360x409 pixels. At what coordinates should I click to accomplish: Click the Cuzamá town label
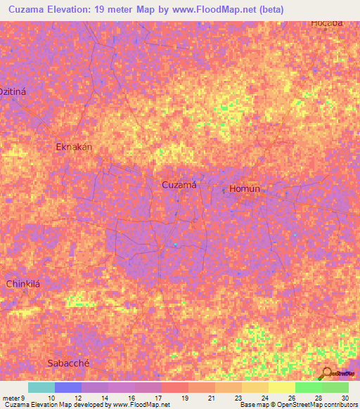tap(179, 185)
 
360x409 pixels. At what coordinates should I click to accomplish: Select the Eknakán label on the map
tap(75, 147)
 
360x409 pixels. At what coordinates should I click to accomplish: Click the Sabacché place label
tap(69, 363)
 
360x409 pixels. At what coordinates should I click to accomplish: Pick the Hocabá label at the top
tap(327, 22)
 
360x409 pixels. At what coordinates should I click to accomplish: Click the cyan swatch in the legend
tap(41, 387)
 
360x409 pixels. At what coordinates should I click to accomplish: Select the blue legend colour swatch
tap(67, 387)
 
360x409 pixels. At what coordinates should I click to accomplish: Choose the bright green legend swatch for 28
tap(308, 387)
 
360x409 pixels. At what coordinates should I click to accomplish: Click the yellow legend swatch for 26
tap(281, 387)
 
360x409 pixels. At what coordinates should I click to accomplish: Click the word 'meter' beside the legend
tap(9, 398)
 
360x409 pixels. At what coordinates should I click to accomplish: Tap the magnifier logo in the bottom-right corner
tap(328, 373)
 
